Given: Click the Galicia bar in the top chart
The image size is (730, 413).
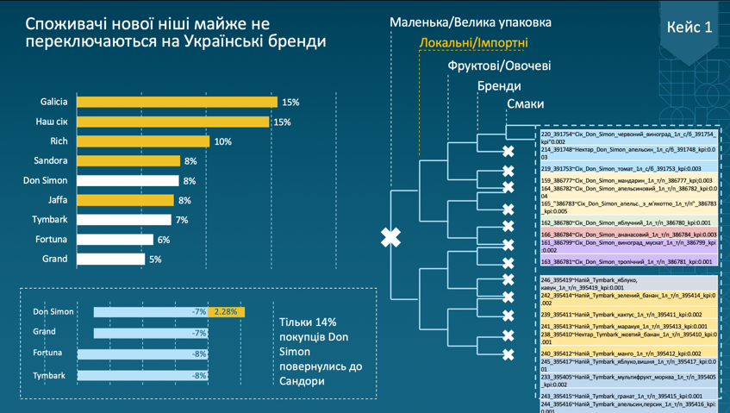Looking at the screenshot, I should [178, 102].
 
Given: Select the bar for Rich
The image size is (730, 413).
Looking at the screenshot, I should [143, 141].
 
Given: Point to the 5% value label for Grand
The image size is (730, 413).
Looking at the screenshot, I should [155, 260].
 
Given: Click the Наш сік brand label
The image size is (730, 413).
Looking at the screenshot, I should [51, 122].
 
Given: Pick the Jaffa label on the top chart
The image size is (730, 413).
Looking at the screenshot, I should [57, 200].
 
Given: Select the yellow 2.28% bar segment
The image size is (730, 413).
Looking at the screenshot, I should [227, 312].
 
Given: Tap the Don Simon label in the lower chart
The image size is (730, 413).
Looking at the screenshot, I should [53, 311].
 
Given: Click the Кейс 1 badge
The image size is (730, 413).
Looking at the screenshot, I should [689, 27].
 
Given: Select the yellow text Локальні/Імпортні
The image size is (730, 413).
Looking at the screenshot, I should [473, 43].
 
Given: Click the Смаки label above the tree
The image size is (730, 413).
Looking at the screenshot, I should [525, 104].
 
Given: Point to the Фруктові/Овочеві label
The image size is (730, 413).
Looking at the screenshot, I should [499, 66].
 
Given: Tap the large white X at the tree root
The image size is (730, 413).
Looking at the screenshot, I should [391, 238].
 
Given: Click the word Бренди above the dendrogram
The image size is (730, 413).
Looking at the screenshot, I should [499, 85].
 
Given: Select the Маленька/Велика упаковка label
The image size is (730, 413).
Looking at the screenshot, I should [471, 22].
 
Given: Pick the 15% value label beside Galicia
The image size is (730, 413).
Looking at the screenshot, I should [290, 103].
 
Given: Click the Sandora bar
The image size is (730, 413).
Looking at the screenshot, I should [129, 161].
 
